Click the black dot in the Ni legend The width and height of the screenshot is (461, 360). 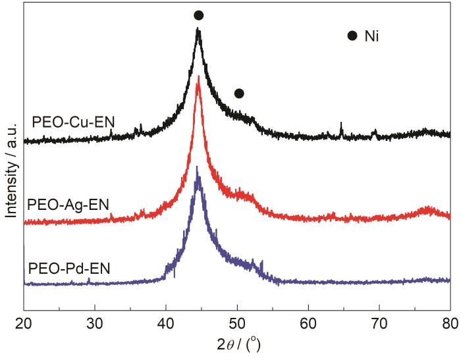pyautogui.click(x=352, y=36)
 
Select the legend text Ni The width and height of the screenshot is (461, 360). pyautogui.click(x=373, y=36)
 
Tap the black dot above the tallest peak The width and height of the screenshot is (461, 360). pyautogui.click(x=199, y=15)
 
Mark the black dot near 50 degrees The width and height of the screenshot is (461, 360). pyautogui.click(x=239, y=93)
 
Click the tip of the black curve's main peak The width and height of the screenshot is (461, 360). pyautogui.click(x=198, y=30)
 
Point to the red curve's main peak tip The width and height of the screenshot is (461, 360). pyautogui.click(x=198, y=76)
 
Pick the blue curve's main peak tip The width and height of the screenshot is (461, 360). pyautogui.click(x=197, y=167)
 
